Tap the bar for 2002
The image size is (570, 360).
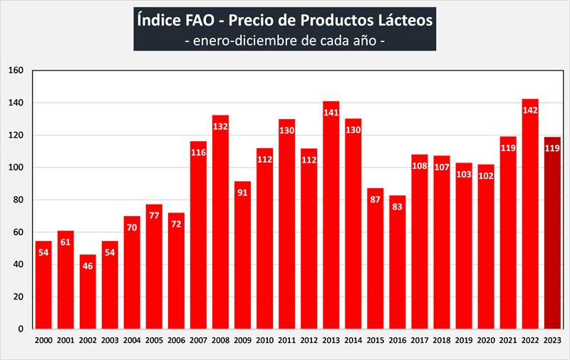click(88, 292)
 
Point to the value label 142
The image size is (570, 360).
click(530, 110)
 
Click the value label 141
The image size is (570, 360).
click(331, 112)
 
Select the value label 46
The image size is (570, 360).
click(88, 265)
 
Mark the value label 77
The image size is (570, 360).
click(155, 215)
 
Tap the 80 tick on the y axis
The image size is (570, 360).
click(19, 200)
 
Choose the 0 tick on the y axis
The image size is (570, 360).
click(22, 329)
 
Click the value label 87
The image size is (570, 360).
click(375, 199)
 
